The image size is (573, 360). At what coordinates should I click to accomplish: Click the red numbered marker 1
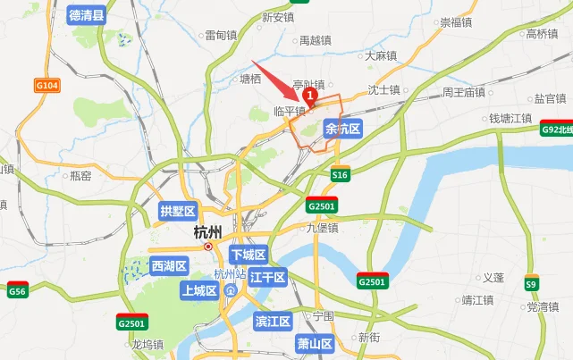point(310,92)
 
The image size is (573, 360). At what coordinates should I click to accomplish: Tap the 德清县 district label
point(87,15)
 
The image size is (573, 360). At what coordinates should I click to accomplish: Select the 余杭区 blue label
point(343,130)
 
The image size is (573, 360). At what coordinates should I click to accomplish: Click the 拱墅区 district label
point(177,212)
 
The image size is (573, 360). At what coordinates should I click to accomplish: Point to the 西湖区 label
point(168,265)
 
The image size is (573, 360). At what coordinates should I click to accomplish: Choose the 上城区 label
point(198,290)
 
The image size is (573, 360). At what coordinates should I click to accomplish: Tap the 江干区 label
point(266,278)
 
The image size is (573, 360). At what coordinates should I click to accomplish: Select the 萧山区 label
point(315,344)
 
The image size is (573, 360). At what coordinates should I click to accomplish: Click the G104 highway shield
point(47,85)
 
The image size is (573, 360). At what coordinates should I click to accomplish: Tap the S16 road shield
point(340,176)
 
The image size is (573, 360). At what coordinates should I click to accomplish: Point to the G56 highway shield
point(17,291)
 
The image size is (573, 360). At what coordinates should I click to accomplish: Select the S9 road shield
point(532,284)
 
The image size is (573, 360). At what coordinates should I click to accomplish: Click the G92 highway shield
point(556,130)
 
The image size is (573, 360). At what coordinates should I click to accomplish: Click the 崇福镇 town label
point(455,22)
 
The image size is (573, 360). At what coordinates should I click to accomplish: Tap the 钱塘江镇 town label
point(510,118)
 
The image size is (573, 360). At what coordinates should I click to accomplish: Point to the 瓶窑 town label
point(80,176)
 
